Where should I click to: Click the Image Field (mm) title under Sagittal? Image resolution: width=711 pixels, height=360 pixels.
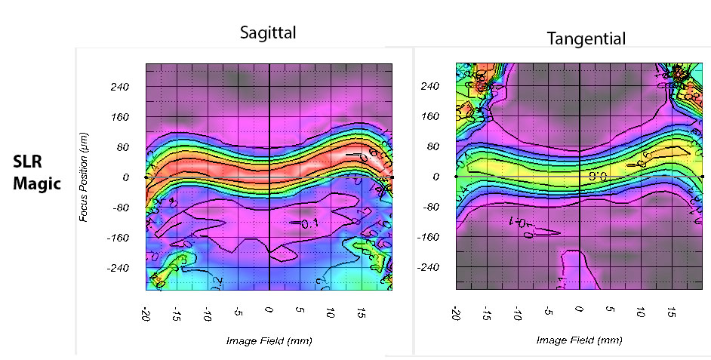[269, 340]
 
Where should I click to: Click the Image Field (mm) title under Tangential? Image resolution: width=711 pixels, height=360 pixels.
[579, 340]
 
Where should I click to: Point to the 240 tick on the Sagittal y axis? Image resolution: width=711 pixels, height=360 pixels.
[120, 87]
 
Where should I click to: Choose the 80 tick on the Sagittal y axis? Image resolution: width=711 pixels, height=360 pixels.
[123, 147]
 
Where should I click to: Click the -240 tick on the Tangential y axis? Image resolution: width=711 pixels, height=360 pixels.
[429, 267]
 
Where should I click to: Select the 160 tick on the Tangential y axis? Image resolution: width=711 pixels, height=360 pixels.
[430, 116]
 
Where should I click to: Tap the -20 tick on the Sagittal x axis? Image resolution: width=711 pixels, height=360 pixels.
[144, 313]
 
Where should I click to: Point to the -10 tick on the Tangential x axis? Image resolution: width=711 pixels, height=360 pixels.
[517, 313]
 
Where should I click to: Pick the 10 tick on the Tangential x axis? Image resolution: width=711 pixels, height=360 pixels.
[641, 312]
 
